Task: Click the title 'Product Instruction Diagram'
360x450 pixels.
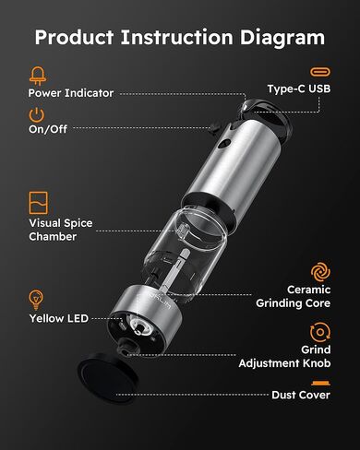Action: tap(180, 38)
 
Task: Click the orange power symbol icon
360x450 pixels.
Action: tap(37, 116)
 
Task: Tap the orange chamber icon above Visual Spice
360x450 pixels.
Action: tap(38, 202)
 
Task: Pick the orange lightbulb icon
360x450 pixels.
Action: tap(37, 299)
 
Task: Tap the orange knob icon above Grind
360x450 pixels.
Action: tap(320, 331)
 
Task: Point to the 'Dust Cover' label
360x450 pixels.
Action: tap(300, 395)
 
